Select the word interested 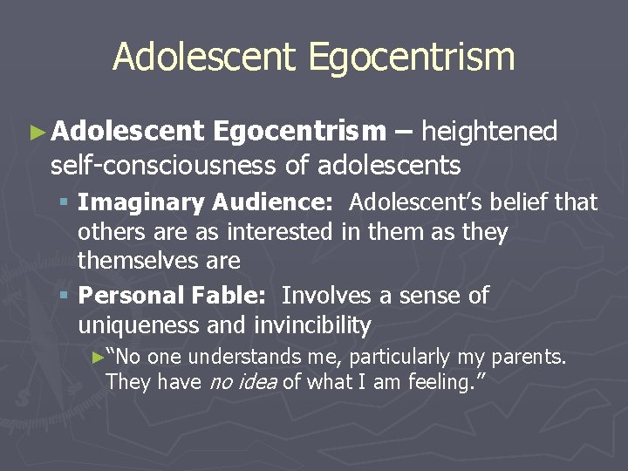(x=278, y=232)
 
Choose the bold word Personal (x=127, y=296)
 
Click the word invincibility (x=312, y=325)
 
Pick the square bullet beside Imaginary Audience (x=65, y=203)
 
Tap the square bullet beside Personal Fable (x=65, y=297)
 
